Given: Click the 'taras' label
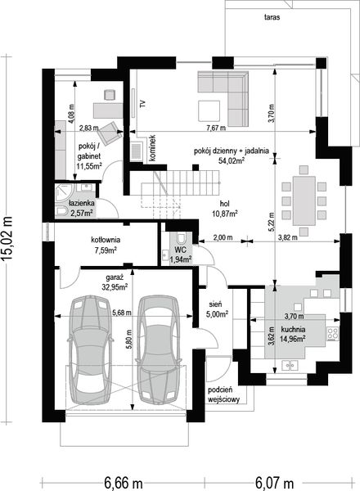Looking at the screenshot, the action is (272, 17).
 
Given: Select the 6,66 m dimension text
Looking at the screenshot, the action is (123, 483).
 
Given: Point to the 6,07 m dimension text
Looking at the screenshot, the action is (274, 483).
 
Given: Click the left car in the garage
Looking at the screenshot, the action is (90, 349).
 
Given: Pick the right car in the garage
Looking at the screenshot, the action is (160, 349).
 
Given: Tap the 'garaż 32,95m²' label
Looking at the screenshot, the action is (115, 282).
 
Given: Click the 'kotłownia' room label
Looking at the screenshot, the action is (106, 240).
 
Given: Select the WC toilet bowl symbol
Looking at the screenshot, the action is (181, 238).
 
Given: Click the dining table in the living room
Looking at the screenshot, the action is (304, 200).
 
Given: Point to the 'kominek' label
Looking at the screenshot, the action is (152, 148).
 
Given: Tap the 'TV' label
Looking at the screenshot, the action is (143, 104).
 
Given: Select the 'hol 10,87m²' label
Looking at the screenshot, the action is (224, 209).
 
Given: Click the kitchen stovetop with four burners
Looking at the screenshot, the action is (333, 334).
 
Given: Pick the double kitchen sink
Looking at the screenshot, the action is (290, 365).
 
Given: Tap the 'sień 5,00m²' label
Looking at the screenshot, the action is (217, 309).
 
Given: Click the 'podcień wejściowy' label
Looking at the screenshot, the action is (223, 394).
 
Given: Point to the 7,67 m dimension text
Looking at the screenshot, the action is (216, 128).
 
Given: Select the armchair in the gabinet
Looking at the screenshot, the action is (110, 133).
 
